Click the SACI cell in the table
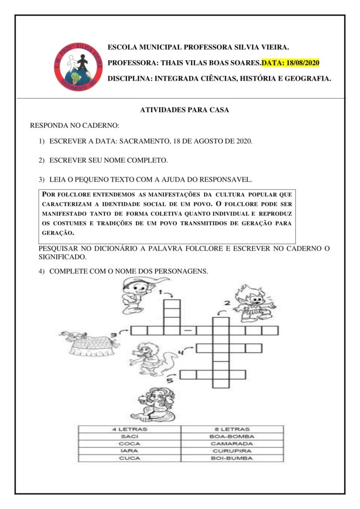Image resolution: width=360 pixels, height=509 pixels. (x=129, y=436)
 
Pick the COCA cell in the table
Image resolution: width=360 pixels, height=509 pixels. (x=129, y=443)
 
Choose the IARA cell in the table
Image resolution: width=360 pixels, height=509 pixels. (x=129, y=451)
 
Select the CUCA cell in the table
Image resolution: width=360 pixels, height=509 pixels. (x=129, y=458)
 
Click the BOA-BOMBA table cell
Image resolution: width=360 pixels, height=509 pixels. (x=232, y=436)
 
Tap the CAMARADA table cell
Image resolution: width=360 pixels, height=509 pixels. (x=232, y=443)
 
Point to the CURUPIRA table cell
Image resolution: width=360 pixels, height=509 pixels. (x=232, y=451)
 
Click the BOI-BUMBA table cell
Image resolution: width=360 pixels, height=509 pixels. (x=232, y=458)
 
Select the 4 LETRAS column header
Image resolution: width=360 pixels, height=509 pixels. (x=129, y=428)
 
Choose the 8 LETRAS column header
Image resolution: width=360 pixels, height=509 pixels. (x=232, y=428)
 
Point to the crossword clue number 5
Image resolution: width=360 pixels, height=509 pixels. (x=170, y=380)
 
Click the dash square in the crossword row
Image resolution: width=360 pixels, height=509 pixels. (x=188, y=331)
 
